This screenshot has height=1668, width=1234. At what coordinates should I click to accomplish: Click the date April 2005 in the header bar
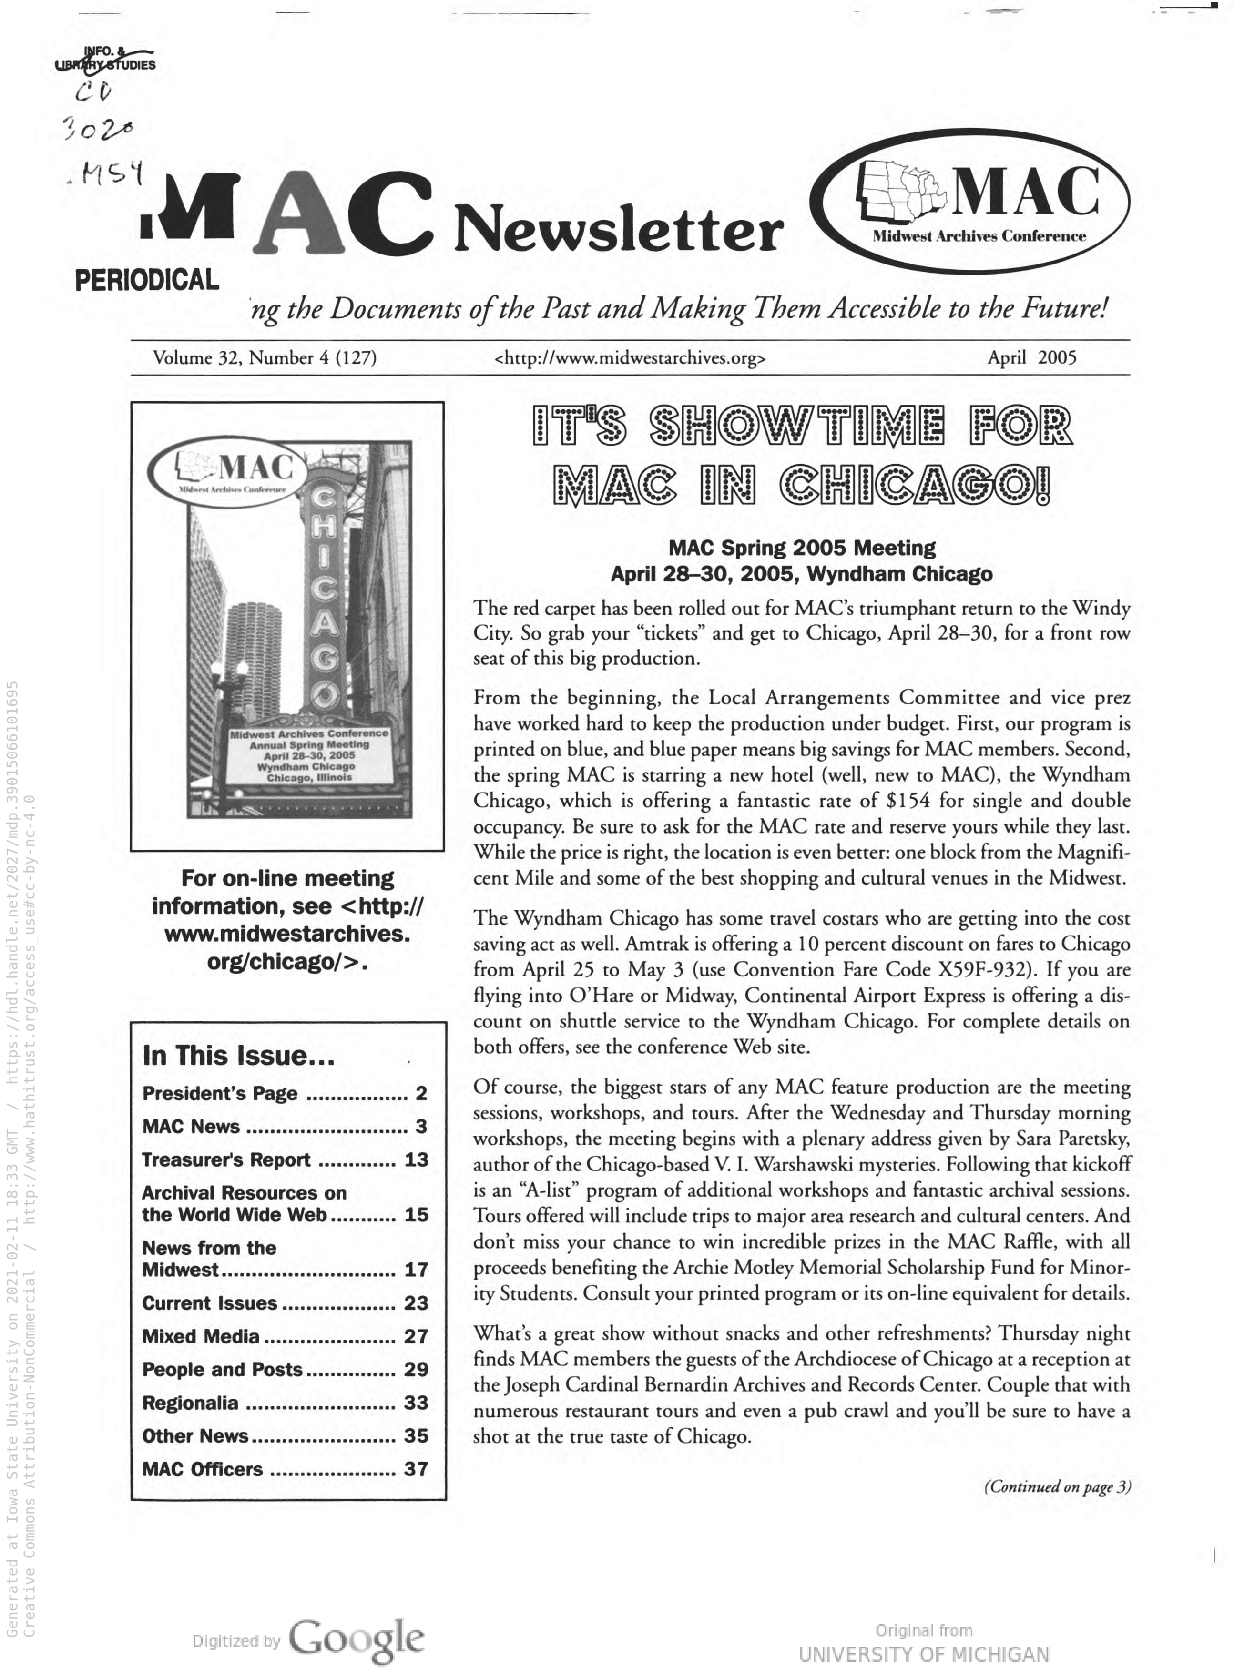[x=1031, y=358]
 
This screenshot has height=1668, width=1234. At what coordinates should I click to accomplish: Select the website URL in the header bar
[x=630, y=358]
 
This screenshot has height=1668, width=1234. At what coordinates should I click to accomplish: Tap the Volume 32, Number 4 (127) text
[x=265, y=358]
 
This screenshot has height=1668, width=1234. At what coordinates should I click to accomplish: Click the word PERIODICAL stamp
[x=146, y=280]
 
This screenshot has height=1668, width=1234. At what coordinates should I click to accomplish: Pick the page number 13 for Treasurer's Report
[x=416, y=1159]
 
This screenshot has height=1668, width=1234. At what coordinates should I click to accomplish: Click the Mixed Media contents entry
[x=201, y=1336]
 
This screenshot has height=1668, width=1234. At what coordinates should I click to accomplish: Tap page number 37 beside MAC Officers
[x=416, y=1469]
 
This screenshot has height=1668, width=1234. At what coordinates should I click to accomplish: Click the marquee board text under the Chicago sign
[x=309, y=755]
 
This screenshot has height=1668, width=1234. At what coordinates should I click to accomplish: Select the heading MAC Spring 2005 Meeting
[x=802, y=548]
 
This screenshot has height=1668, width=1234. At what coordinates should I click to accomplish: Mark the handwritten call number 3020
[x=99, y=132]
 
